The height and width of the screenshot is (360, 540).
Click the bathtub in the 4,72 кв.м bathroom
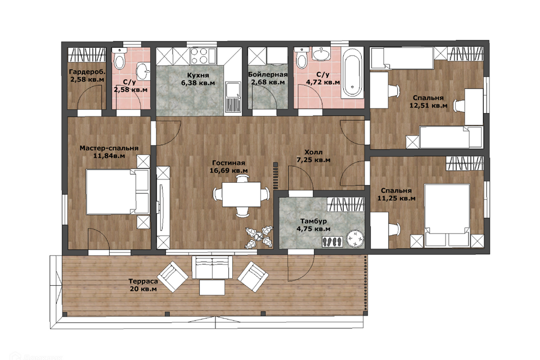pos(352,73)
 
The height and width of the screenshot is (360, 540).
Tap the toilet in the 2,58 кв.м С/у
pos(119,59)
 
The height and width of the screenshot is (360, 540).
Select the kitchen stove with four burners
pos(199,56)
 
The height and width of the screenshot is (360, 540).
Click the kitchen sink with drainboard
pos(233,97)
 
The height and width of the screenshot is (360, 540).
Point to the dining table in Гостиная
pos(241,194)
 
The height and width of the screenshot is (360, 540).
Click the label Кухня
pos(198,75)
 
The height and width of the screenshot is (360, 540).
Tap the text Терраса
pos(143,281)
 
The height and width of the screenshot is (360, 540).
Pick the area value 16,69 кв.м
pos(229,170)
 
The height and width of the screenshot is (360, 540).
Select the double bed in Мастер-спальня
pos(118,192)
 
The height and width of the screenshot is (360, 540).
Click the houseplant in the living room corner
pos(259,237)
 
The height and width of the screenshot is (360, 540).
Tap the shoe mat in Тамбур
pos(332,241)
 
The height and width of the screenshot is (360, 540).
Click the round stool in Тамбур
pos(355,238)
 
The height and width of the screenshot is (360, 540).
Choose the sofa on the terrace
pos(212,267)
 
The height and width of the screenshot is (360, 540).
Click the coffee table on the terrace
pos(212,287)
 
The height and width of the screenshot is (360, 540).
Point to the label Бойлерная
pos(268,75)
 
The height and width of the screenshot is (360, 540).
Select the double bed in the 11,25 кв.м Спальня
pos(447,216)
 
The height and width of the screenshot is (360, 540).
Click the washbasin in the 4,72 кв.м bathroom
pos(322,54)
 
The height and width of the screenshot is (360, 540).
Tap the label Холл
pos(313,152)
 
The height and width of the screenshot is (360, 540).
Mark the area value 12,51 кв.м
pos(429,105)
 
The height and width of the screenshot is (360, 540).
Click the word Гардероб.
pos(87,72)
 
